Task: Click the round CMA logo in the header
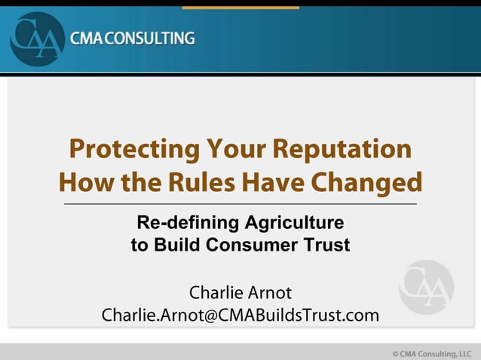click(x=37, y=38)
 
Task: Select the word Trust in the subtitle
click(x=329, y=245)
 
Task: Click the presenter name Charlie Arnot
click(x=240, y=291)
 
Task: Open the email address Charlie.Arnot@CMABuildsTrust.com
click(x=240, y=315)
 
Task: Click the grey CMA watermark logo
click(x=426, y=287)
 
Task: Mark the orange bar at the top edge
click(x=240, y=8)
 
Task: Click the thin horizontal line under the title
click(x=240, y=204)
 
